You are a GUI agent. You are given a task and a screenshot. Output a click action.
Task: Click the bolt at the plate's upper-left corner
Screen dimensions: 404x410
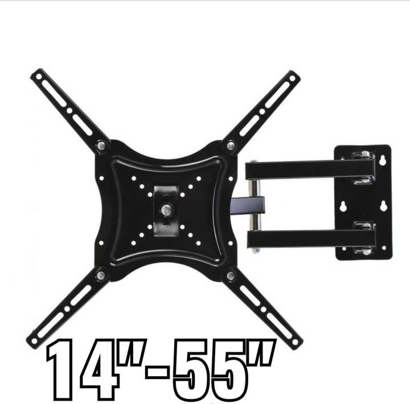pyautogui.click(x=101, y=145)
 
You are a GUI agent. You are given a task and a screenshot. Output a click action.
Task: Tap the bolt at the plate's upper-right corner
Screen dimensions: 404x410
pyautogui.click(x=230, y=146)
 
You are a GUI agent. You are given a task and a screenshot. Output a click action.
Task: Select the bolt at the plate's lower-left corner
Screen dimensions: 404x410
pyautogui.click(x=101, y=276)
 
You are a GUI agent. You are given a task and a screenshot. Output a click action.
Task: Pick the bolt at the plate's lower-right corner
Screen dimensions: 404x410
pyautogui.click(x=231, y=276)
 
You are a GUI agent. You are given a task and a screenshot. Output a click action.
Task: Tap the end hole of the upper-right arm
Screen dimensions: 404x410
pyautogui.click(x=293, y=77)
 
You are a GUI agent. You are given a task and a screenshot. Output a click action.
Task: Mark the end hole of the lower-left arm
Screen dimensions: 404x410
pyautogui.click(x=35, y=341)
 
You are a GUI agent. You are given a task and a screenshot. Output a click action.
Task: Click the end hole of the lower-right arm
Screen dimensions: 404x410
pyautogui.click(x=294, y=342)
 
